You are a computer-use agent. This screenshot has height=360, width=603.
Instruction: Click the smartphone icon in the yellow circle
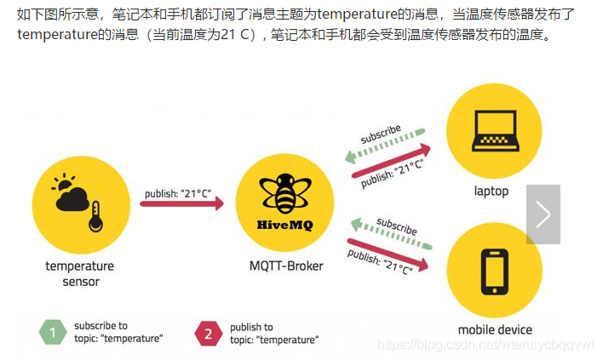tap(494, 271)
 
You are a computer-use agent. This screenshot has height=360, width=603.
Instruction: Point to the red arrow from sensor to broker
tap(181, 203)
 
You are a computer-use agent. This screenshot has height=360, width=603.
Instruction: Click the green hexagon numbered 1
tap(52, 333)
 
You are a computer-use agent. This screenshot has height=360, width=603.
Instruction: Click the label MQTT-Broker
tap(286, 266)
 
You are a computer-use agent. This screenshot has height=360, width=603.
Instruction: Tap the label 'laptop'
tap(491, 191)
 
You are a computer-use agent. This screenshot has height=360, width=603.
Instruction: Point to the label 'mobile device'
tap(495, 330)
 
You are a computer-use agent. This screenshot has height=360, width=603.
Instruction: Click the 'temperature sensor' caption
tap(80, 273)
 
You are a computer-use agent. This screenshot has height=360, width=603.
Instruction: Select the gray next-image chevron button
tap(543, 214)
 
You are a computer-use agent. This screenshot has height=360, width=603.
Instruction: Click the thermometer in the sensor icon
tap(95, 216)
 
